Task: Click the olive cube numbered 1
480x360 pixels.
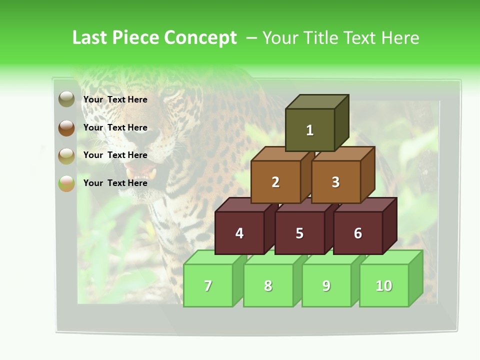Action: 310,130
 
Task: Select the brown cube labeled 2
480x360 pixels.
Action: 275,182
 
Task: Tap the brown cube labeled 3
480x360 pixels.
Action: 335,182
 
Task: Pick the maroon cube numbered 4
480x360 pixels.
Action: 239,233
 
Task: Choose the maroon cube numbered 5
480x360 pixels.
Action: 299,233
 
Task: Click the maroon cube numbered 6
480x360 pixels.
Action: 358,233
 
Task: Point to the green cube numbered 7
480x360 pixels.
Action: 208,285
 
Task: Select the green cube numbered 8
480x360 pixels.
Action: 268,285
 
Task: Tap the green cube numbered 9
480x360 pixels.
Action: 326,285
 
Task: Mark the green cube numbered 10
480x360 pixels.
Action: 384,285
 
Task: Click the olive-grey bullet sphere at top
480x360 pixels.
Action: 66,99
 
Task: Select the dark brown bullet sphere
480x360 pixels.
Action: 66,127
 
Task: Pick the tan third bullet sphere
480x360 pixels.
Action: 66,155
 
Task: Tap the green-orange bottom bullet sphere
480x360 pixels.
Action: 66,183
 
